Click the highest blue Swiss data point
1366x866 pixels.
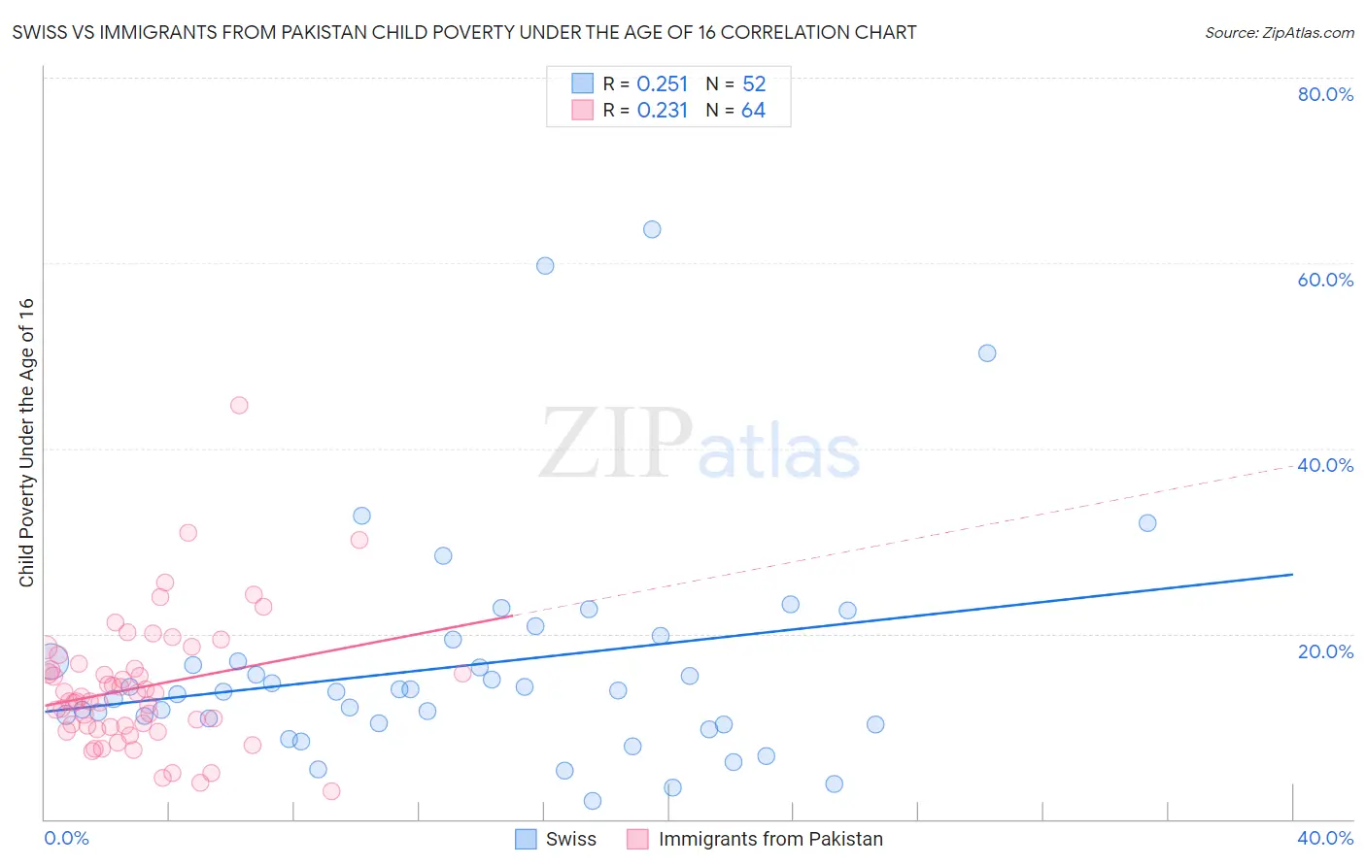pyautogui.click(x=652, y=229)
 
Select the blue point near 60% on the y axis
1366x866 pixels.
pyautogui.click(x=545, y=266)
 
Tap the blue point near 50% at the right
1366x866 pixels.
pyautogui.click(x=987, y=353)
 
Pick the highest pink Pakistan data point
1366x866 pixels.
pyautogui.click(x=239, y=405)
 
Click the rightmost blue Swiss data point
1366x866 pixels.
pyautogui.click(x=1147, y=522)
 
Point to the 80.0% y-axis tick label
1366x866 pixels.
pyautogui.click(x=1325, y=94)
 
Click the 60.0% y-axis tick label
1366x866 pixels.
pyautogui.click(x=1325, y=280)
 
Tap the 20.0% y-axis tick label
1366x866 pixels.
pyautogui.click(x=1325, y=650)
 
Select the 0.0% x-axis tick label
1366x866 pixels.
pyautogui.click(x=66, y=838)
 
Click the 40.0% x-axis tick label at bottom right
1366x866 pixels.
pyautogui.click(x=1325, y=838)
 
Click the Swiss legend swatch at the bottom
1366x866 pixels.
pyautogui.click(x=526, y=839)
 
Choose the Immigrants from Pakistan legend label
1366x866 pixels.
pyautogui.click(x=770, y=839)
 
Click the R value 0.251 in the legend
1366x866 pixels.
pyautogui.click(x=662, y=83)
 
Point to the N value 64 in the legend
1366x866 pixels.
pyautogui.click(x=753, y=111)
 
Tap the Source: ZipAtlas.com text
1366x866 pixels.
pyautogui.click(x=1279, y=33)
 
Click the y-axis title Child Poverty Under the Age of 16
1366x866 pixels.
pyautogui.click(x=26, y=443)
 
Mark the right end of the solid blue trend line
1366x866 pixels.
pyautogui.click(x=1292, y=575)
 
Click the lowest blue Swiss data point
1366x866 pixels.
pyautogui.click(x=593, y=801)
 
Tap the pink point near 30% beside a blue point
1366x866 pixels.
pyautogui.click(x=359, y=540)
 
